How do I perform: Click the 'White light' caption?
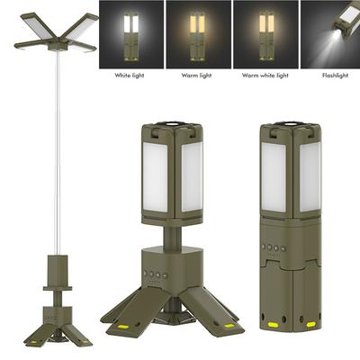pyautogui.click(x=130, y=76)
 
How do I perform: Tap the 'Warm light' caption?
pyautogui.click(x=196, y=76)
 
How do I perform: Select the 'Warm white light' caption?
pyautogui.click(x=265, y=76)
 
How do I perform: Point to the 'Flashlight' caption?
pyautogui.click(x=335, y=76)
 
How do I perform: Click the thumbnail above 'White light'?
pyautogui.click(x=131, y=34)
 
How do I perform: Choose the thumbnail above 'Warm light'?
pyautogui.click(x=199, y=34)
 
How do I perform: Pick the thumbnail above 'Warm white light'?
pyautogui.click(x=265, y=34)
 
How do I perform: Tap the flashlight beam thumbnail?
pyautogui.click(x=330, y=34)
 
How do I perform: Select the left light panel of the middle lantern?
pyautogui.click(x=155, y=177)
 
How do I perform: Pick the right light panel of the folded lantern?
pyautogui.click(x=310, y=177)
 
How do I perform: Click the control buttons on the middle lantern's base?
pyautogui.click(x=156, y=274)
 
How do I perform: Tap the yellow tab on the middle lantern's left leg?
pyautogui.click(x=123, y=326)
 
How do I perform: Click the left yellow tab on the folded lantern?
pyautogui.click(x=273, y=325)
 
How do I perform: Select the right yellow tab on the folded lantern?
pyautogui.click(x=310, y=324)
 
